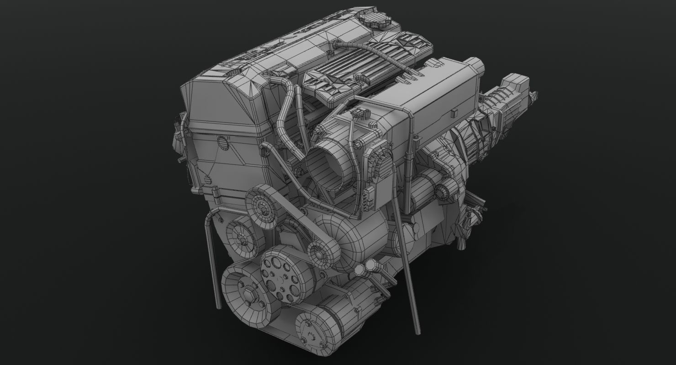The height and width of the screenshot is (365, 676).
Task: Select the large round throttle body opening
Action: click(x=325, y=163)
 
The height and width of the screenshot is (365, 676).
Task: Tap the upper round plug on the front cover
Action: click(x=222, y=142)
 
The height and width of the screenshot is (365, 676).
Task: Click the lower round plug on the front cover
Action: click(x=209, y=179)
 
